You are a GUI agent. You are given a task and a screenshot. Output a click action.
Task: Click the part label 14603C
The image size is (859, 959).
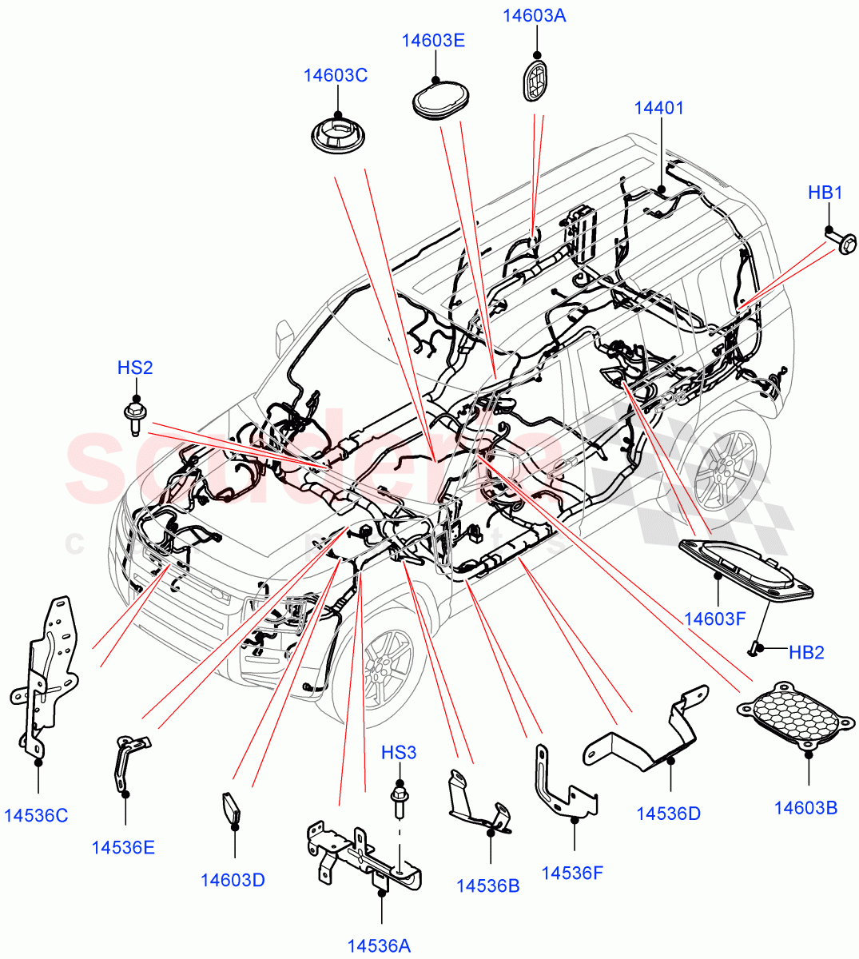[x=335, y=76]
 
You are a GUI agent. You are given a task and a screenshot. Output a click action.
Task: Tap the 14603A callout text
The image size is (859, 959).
[x=534, y=16]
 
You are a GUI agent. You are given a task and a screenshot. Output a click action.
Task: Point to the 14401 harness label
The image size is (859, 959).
[x=659, y=108]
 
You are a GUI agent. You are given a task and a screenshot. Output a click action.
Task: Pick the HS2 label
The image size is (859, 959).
[x=135, y=368]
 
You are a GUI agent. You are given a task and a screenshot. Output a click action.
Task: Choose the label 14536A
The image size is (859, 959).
[x=379, y=945]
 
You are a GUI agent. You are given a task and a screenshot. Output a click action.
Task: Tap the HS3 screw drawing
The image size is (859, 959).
[x=398, y=799]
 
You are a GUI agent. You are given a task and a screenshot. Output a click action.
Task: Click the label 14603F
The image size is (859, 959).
[x=715, y=619]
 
